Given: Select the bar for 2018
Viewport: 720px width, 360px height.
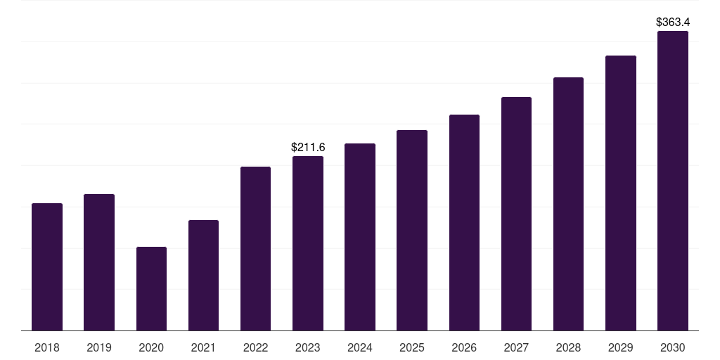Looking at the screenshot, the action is pos(47,266).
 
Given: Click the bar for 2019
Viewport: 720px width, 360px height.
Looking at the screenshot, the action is pos(99,262).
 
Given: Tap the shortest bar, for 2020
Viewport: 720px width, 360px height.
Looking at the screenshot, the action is pos(152,289).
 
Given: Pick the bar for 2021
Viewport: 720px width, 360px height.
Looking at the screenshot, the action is pos(203,276).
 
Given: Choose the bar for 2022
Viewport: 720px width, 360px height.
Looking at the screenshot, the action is pos(255,248).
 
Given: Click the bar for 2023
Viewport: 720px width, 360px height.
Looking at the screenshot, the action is pos(308,243).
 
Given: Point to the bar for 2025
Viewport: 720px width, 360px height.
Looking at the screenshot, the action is pos(412,231).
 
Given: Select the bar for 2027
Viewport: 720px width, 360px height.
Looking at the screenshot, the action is pos(516,214).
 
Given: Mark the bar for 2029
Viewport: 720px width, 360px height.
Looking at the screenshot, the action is pos(621,193).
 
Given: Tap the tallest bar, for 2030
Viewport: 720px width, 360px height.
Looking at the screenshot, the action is pos(673,181).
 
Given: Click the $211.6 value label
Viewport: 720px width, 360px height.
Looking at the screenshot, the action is pos(308,148).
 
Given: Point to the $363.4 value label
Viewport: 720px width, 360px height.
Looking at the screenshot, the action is pos(673,22).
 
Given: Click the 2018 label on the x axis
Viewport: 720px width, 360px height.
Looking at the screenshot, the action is pos(47,347).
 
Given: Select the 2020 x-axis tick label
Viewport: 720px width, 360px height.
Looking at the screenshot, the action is pos(151,347).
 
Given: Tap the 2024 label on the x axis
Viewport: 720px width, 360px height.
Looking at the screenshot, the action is pos(359,347).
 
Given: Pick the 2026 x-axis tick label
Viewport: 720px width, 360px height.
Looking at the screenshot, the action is pos(464,347).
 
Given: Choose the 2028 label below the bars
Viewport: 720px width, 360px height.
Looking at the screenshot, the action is pos(568,347).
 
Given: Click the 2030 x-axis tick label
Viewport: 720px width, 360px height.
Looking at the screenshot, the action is pos(673,347).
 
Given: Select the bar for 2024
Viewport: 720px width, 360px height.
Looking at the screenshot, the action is pos(360,237).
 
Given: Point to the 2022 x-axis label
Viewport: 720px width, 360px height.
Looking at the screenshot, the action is pos(255,347).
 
